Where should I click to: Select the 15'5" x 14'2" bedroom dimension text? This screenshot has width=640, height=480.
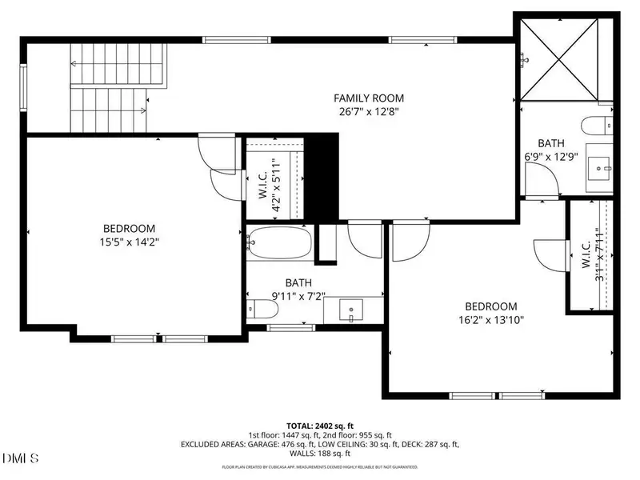click(129, 242)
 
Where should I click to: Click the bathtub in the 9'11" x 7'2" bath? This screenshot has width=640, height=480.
click(278, 242)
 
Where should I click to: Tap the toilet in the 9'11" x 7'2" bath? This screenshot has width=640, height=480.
click(261, 309)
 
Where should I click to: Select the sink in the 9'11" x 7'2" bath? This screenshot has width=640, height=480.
click(351, 309)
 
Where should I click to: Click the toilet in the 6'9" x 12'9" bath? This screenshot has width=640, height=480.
click(597, 126)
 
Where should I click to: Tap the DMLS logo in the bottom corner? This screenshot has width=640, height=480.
click(22, 458)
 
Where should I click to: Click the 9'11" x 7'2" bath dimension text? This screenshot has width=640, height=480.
click(298, 296)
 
